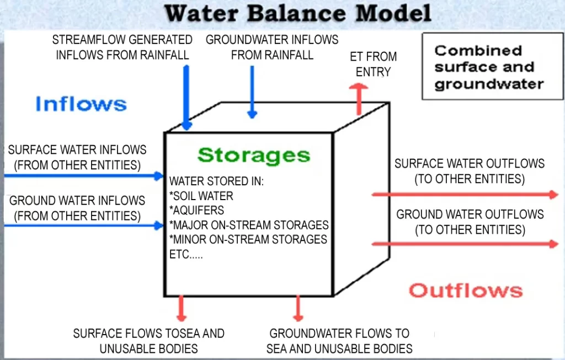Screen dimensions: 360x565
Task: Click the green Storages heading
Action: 253,155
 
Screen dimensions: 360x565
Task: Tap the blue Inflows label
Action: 81,104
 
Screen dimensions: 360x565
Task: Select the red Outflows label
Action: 465,290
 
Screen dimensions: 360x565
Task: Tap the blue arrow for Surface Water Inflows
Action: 83,176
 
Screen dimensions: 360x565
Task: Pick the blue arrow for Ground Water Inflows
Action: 83,225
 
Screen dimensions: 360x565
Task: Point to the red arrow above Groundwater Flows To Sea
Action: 298,308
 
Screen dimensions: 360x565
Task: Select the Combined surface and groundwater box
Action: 489,67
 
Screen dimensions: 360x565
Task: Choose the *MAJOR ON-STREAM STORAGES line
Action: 249,225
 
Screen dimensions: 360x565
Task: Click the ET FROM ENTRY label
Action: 374,64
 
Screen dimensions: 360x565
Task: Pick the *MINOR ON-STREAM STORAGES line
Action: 248,240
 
